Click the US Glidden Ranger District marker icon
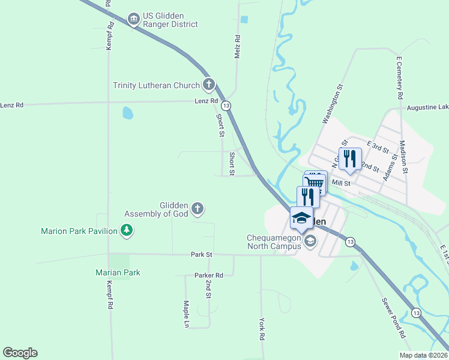tap(134, 20)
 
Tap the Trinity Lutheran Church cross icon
tap(208, 85)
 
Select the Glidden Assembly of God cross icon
tap(197, 209)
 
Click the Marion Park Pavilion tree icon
tap(126, 230)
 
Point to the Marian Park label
tap(118, 272)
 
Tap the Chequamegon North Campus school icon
tap(310, 241)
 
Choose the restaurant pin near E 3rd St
tap(350, 158)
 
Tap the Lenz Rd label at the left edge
tap(11, 105)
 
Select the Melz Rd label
tap(237, 47)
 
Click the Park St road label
tap(202, 254)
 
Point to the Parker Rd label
tap(208, 275)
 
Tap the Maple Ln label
tap(186, 314)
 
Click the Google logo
tap(20, 353)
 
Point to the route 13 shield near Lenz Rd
tap(226, 105)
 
